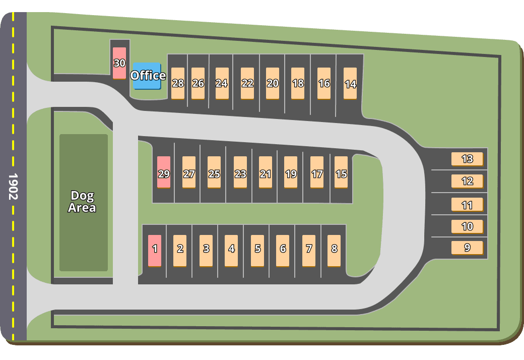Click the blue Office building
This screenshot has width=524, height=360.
click(147, 76)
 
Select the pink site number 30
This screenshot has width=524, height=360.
click(119, 63)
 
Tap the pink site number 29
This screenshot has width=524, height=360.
click(164, 172)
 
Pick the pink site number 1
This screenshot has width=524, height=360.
click(155, 250)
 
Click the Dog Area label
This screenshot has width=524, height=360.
click(82, 202)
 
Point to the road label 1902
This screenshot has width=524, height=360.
click(13, 187)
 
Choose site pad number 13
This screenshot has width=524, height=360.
click(467, 159)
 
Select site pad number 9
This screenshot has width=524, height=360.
click(467, 248)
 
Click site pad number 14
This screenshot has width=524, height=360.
click(350, 83)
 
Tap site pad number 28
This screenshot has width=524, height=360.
click(178, 83)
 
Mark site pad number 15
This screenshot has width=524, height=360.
click(341, 172)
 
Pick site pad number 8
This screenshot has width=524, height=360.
click(334, 250)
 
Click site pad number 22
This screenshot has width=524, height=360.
click(247, 83)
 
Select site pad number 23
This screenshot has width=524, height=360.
click(240, 172)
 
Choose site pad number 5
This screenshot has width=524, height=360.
click(257, 250)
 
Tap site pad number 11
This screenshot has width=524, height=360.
click(467, 204)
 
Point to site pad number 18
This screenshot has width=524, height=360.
click(298, 83)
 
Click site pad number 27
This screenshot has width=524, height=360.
click(189, 172)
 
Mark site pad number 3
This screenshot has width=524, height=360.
click(206, 250)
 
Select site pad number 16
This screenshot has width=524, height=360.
click(324, 83)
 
